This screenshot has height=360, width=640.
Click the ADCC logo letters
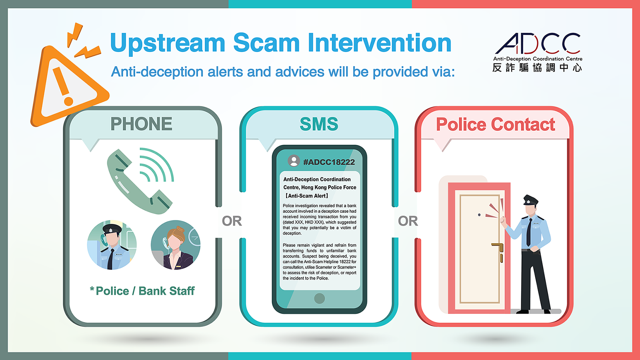pos(538,44)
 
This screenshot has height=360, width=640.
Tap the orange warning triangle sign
pos(68,86)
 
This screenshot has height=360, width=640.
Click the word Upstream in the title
pos(168,43)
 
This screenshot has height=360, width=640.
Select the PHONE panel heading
pos(142,124)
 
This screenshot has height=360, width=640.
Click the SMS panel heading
pos(319,124)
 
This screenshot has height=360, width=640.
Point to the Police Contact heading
pos(496,124)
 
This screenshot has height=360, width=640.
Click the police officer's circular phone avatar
pos(112,245)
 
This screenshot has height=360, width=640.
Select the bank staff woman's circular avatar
pos(176,245)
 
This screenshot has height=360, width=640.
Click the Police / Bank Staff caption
pos(142,291)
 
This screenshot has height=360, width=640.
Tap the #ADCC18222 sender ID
pos(329,162)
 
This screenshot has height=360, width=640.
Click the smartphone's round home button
pos(320,298)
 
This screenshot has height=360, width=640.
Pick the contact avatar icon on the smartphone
pos(294,161)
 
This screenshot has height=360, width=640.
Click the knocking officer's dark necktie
pos(529,232)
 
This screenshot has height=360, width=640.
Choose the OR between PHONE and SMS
pos(232,221)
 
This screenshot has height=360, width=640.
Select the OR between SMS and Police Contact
pos(408,221)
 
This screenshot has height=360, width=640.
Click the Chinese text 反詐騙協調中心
pos(537,68)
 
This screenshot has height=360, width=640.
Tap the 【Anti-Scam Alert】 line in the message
pos(306,196)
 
